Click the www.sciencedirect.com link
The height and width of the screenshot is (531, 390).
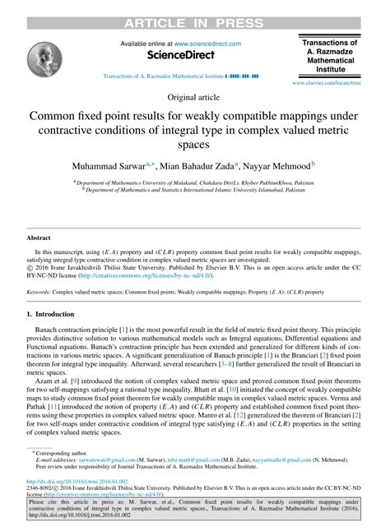click(202, 44)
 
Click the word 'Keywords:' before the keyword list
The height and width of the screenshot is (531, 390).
click(39, 291)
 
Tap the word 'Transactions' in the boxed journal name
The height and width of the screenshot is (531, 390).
click(330, 42)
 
